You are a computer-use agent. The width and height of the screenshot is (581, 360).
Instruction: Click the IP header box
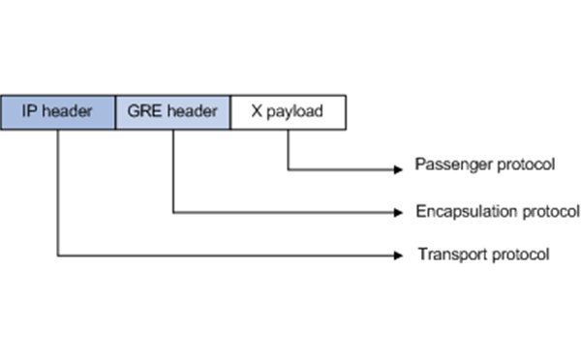pos(58,111)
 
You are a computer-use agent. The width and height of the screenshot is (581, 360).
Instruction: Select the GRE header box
pos(173,111)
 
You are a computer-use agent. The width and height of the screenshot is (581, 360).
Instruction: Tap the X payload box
pos(289,111)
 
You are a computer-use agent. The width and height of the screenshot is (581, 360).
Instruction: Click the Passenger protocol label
pos(484,165)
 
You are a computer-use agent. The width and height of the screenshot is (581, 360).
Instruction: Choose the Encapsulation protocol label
pos(497,210)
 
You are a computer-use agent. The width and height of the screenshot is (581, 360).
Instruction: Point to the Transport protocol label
pos(484,255)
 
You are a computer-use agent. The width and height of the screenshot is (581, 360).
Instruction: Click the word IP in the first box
pos(32,111)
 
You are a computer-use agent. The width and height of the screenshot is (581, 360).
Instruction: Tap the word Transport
pos(447,255)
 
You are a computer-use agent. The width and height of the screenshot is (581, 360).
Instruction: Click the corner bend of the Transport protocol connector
pos(58,255)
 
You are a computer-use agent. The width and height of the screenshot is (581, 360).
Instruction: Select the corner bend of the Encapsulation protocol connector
pos(173,211)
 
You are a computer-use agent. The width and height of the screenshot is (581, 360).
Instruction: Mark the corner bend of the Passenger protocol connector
pos(289,169)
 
